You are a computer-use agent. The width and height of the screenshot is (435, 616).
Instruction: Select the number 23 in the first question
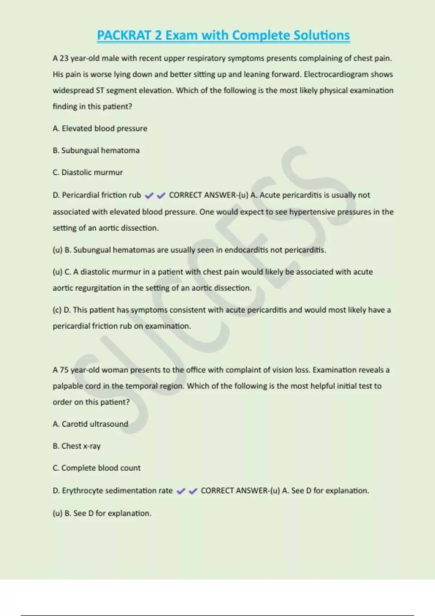click(x=64, y=58)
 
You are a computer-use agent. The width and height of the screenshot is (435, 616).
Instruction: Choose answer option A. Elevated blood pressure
click(x=100, y=128)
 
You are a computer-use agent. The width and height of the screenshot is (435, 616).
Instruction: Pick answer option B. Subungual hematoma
click(x=96, y=150)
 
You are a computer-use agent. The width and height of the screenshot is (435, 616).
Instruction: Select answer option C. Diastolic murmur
click(x=88, y=172)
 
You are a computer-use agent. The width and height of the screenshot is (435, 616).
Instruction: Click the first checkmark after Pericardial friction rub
click(x=149, y=196)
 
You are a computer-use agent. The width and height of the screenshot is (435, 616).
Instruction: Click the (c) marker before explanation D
click(x=57, y=310)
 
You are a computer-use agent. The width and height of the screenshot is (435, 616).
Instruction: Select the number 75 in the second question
click(x=64, y=370)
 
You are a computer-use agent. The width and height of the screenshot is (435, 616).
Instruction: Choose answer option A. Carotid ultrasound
click(x=90, y=424)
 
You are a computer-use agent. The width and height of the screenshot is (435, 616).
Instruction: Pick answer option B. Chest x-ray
click(x=76, y=446)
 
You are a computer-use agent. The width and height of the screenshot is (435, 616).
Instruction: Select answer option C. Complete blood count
click(x=96, y=468)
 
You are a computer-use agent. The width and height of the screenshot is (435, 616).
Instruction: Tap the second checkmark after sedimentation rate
click(x=193, y=491)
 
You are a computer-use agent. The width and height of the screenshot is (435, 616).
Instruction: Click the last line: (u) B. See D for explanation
click(x=102, y=513)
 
